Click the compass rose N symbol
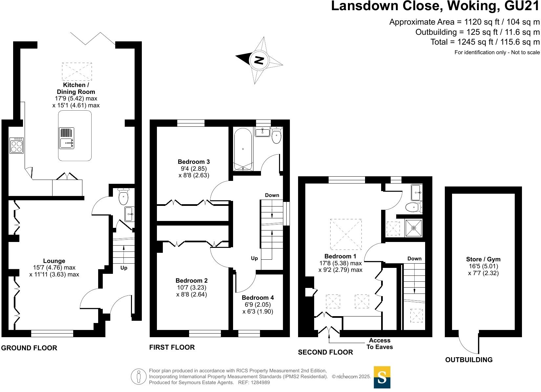tap(259, 60)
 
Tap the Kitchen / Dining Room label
tap(76, 88)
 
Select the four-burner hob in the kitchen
tap(16, 145)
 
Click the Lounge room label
tap(54, 261)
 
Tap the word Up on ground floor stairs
tap(124, 268)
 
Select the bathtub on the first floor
tap(243, 149)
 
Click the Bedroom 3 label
tap(194, 162)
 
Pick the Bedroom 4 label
tap(258, 298)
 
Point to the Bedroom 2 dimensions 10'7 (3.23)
tap(191, 287)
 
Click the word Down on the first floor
tap(272, 195)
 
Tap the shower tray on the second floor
tap(413, 228)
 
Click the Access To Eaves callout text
tap(379, 344)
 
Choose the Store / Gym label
tap(483, 259)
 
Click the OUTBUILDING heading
tap(469, 360)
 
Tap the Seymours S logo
tap(382, 377)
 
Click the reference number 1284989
tap(259, 382)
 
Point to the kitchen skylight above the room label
tap(77, 72)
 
